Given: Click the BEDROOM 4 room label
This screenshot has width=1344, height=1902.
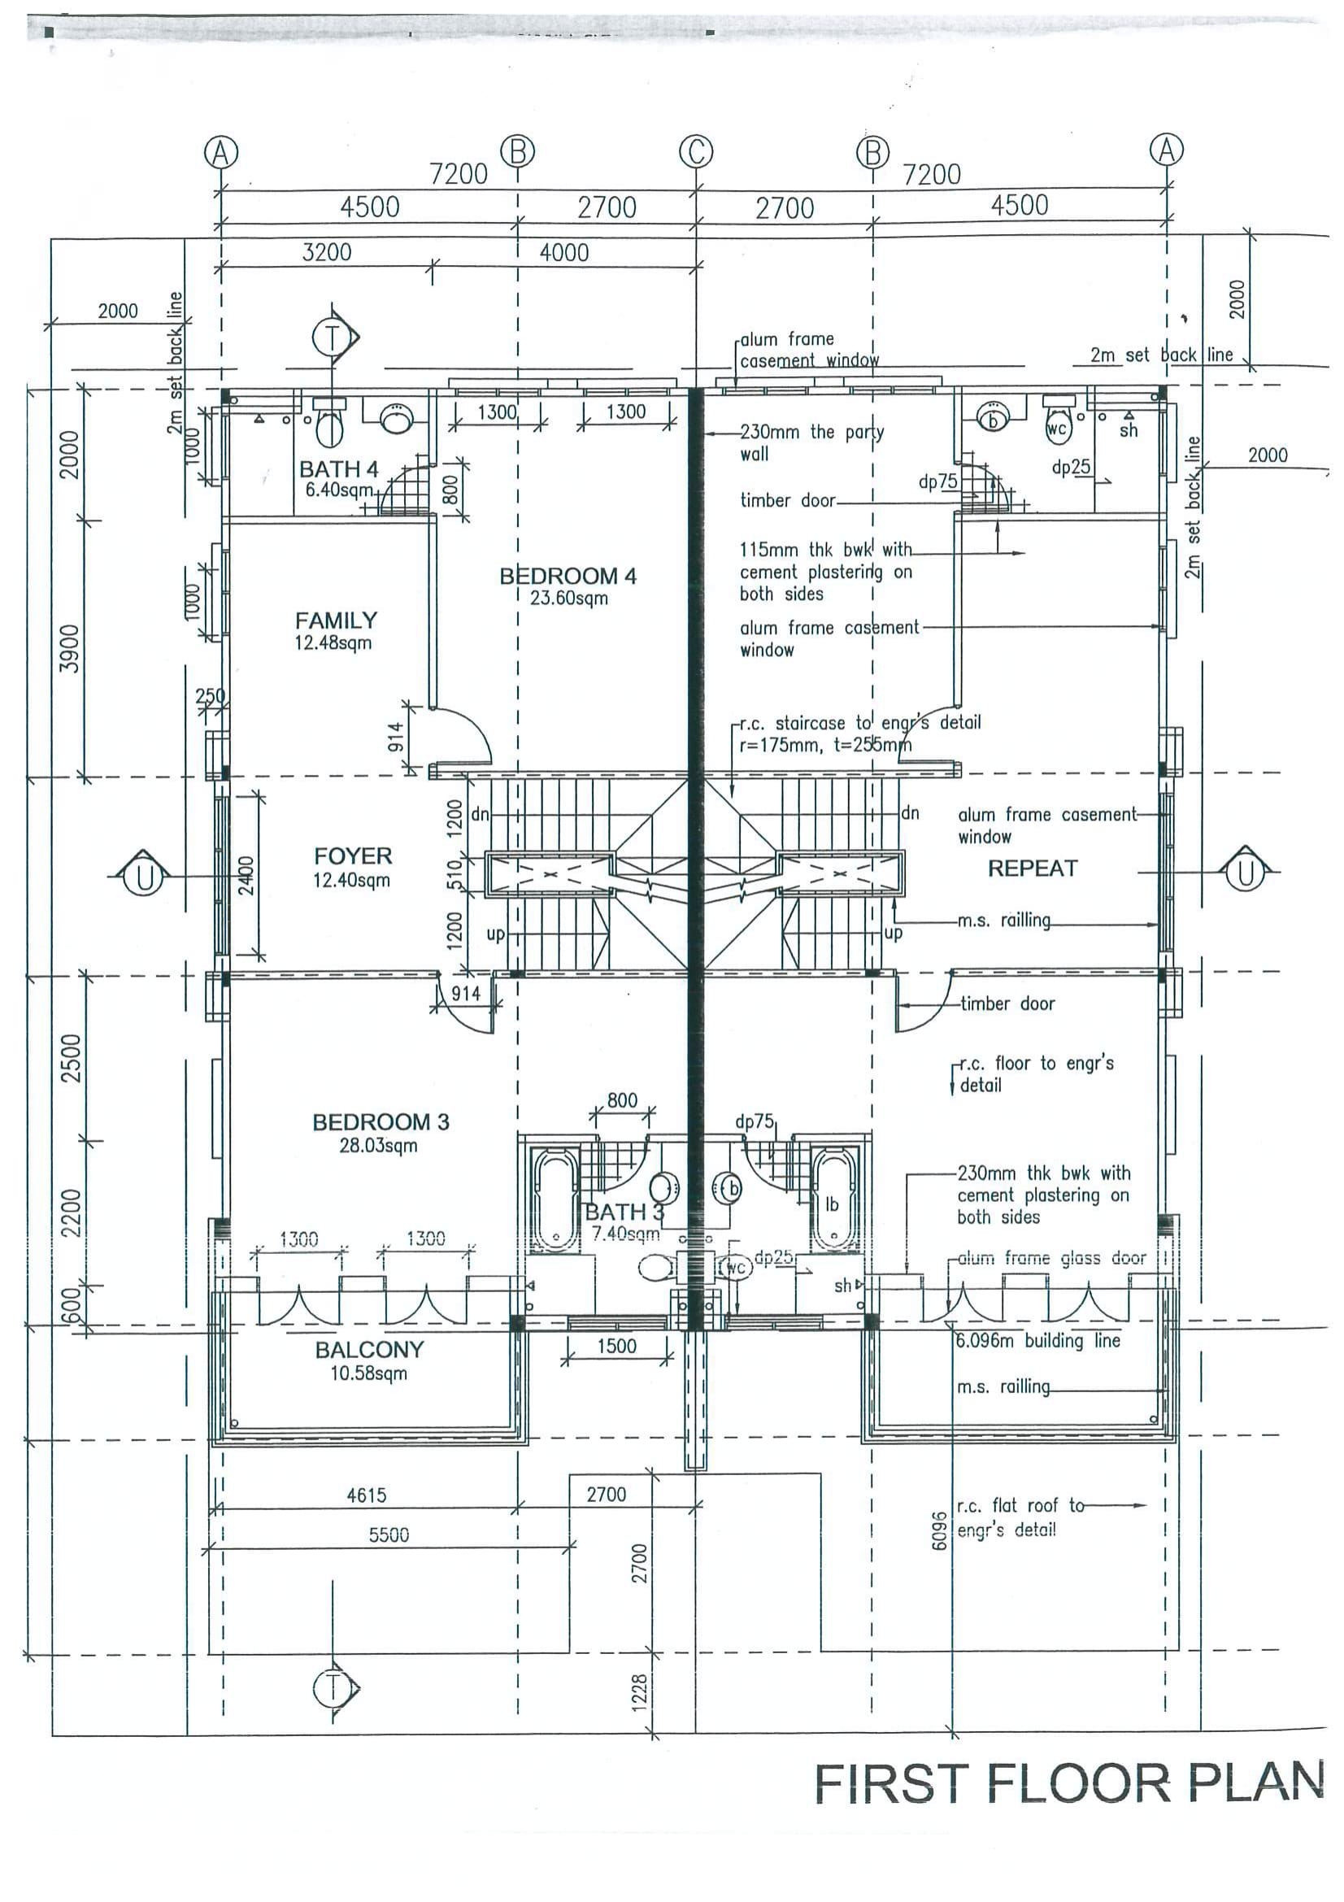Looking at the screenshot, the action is [568, 576].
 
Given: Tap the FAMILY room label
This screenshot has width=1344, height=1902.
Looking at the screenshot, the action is [337, 620].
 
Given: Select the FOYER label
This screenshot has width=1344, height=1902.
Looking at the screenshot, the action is [353, 855].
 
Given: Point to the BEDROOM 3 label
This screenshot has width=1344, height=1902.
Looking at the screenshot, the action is [380, 1121].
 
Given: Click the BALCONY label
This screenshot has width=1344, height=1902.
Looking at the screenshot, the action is [369, 1350].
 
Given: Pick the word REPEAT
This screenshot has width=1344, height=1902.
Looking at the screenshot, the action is [1033, 868].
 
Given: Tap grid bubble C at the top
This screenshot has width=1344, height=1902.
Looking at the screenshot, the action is [696, 151].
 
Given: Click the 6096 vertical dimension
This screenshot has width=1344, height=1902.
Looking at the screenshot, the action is [937, 1531].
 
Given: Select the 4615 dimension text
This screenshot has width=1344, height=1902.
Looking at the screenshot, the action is [366, 1495].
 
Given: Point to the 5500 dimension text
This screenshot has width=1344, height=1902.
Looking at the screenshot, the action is [389, 1535].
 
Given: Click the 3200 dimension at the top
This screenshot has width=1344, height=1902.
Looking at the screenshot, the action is [326, 252].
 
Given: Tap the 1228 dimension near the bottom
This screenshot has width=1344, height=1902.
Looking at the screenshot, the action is [639, 1691].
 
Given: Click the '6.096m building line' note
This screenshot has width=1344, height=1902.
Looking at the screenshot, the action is [1037, 1340].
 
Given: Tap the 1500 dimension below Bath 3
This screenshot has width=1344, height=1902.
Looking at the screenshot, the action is [617, 1346].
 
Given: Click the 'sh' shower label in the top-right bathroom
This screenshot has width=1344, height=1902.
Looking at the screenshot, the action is [1128, 430].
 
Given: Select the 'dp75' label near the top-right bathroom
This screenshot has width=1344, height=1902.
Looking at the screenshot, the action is [938, 481].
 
